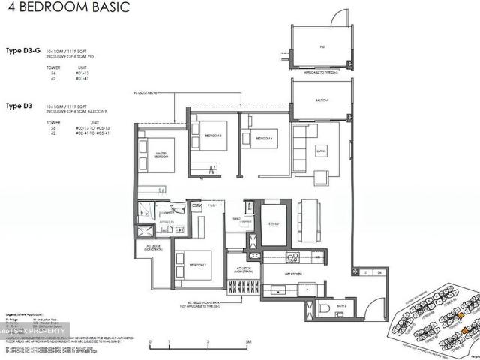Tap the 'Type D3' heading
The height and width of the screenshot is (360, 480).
20,106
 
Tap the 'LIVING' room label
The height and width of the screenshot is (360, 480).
321,150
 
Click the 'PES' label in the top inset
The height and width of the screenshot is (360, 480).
321,46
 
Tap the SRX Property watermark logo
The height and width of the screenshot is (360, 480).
34,330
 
